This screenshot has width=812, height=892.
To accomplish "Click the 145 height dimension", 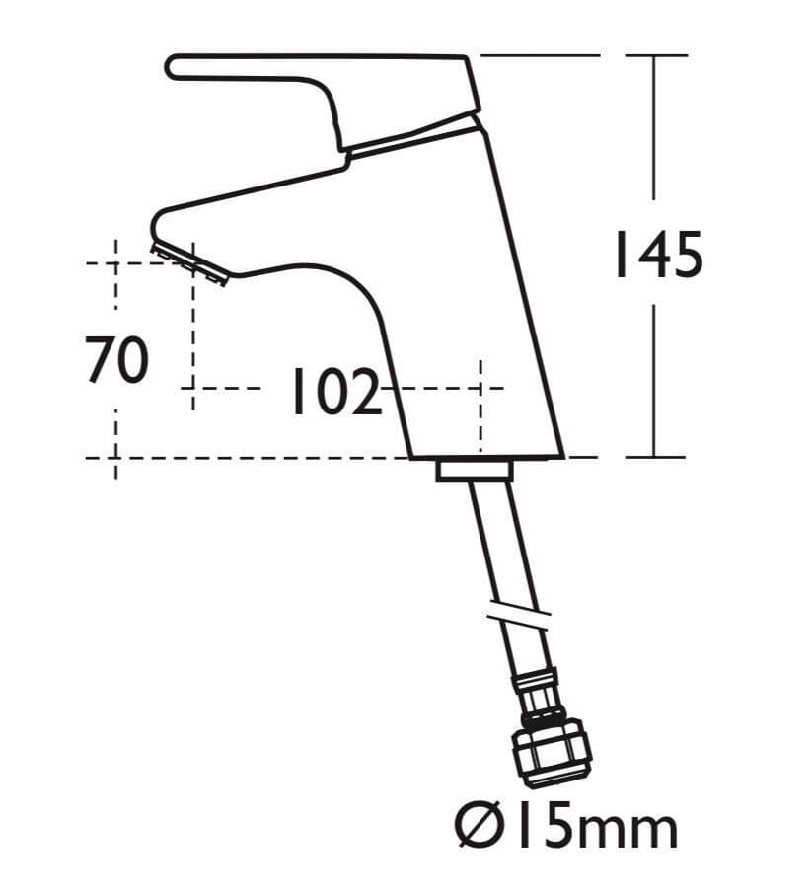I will [x=658, y=256].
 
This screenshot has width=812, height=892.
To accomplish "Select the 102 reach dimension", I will [x=334, y=392].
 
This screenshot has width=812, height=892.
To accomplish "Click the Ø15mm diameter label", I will [x=565, y=826].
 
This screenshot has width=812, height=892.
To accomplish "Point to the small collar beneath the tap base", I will [x=476, y=471].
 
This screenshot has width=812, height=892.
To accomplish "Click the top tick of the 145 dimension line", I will [x=655, y=55].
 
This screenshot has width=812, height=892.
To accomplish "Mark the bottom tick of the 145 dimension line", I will [x=655, y=458].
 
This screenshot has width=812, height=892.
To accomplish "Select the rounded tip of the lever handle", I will [x=176, y=66].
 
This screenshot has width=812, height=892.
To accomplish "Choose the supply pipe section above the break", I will [x=493, y=543].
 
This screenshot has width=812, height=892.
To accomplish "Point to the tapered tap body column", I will [x=474, y=296].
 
